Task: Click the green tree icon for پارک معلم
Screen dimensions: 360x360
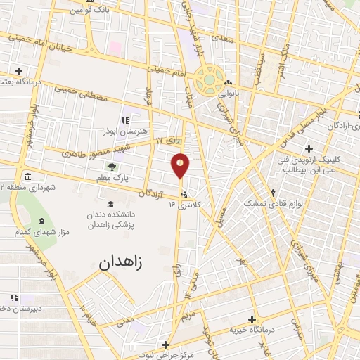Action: (x=112, y=167)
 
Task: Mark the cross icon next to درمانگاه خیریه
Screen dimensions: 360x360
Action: (x=252, y=319)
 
